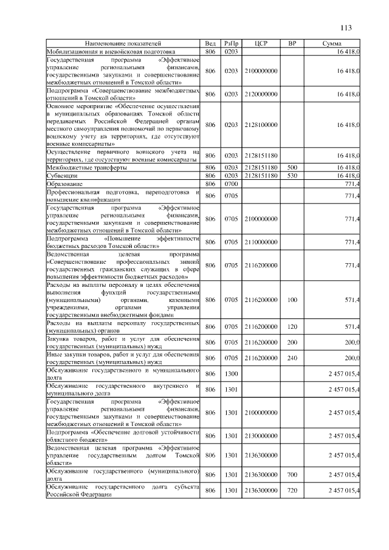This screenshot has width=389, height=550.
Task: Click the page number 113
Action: (346, 28)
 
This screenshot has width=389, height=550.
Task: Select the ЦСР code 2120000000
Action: (261, 94)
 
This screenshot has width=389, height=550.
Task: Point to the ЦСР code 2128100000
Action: (261, 125)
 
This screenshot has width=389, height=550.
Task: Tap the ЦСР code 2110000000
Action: (261, 242)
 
